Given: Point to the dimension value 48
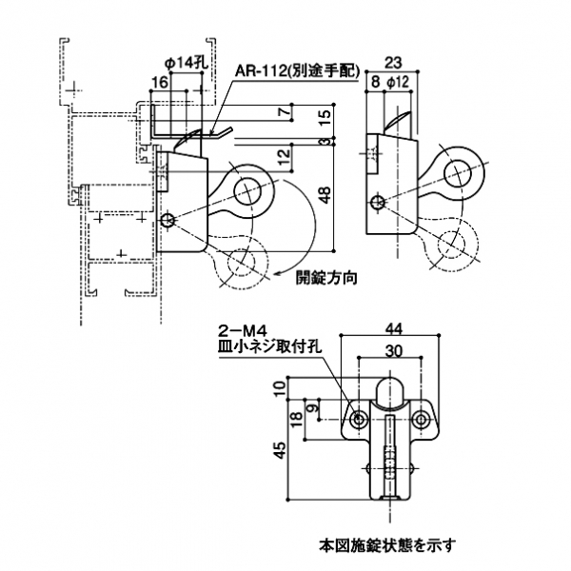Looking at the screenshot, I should pyautogui.click(x=325, y=196).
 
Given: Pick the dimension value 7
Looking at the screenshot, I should pyautogui.click(x=285, y=113).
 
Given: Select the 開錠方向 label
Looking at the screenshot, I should pyautogui.click(x=325, y=279).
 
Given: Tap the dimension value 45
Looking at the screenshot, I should pyautogui.click(x=278, y=451).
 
